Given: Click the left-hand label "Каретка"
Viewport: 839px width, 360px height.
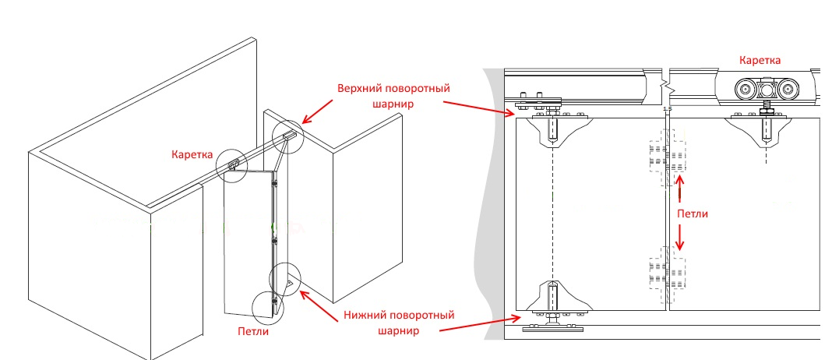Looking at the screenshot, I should click(x=192, y=154).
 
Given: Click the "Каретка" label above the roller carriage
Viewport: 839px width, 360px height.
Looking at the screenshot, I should click(x=760, y=59).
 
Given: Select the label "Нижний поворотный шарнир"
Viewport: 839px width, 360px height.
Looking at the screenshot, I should click(x=400, y=323).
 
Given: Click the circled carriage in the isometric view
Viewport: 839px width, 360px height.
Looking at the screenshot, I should click(x=233, y=164).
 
